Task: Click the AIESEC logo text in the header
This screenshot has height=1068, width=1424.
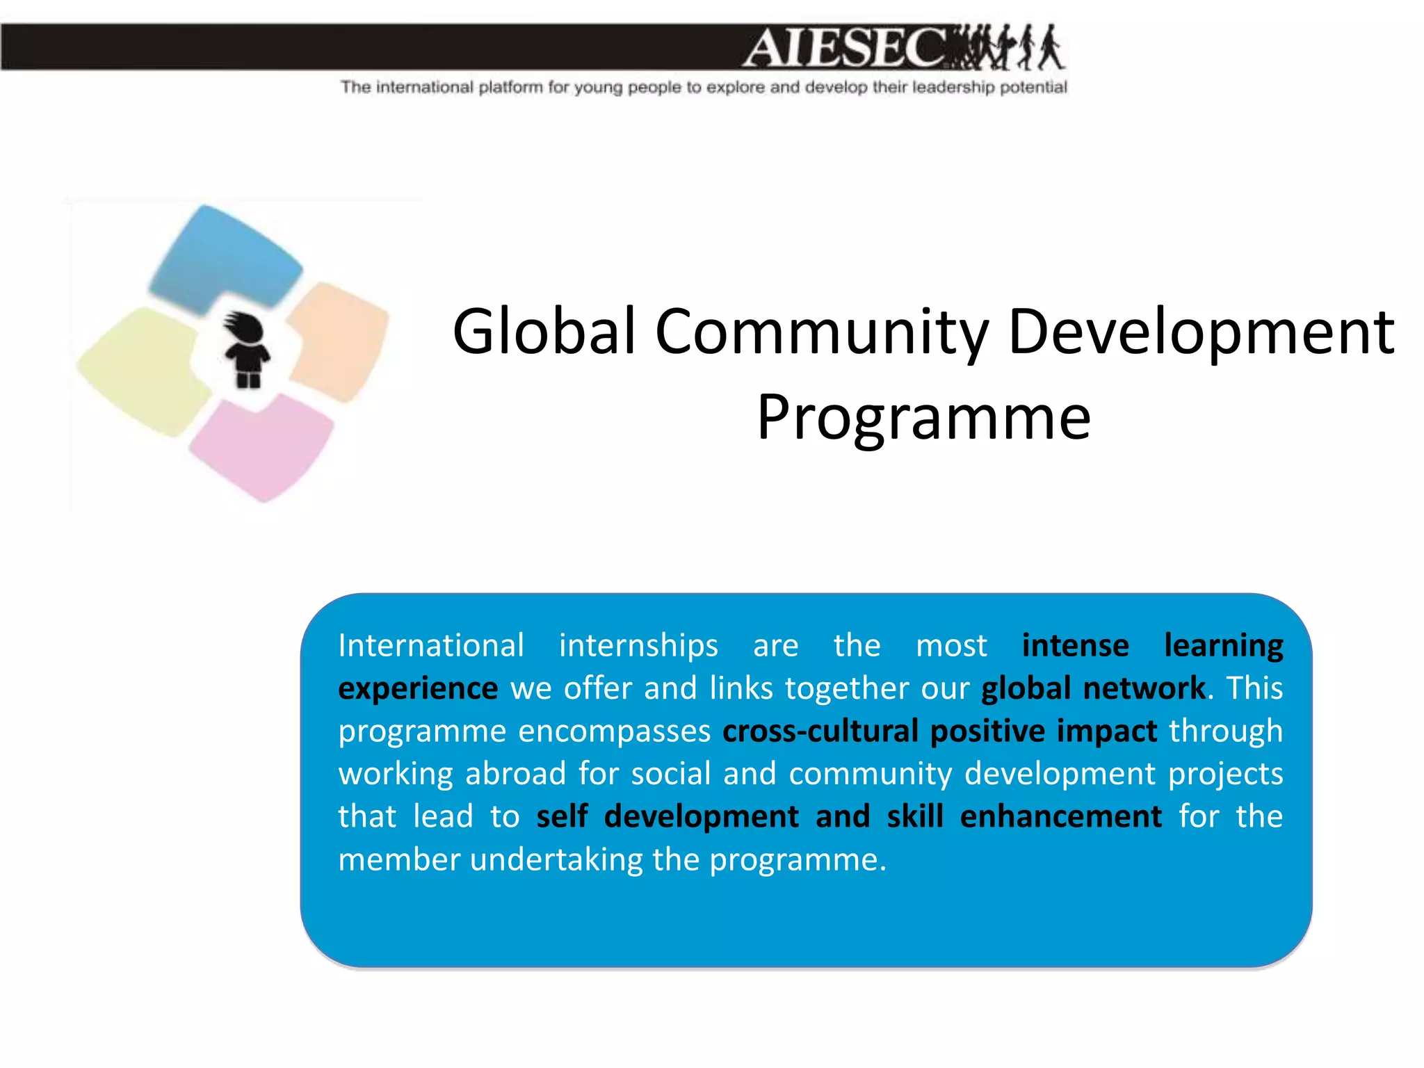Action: click(x=845, y=47)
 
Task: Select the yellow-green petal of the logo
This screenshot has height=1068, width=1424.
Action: click(x=143, y=369)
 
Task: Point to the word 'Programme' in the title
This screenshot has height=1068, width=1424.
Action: click(x=923, y=417)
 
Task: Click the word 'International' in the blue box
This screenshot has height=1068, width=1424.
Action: click(x=431, y=645)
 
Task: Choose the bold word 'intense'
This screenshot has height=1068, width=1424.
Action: click(x=1075, y=645)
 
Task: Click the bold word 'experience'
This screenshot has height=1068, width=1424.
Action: click(x=418, y=689)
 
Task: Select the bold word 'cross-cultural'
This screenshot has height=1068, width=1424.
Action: click(x=820, y=731)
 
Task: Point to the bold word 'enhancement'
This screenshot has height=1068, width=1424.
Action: click(x=1060, y=816)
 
